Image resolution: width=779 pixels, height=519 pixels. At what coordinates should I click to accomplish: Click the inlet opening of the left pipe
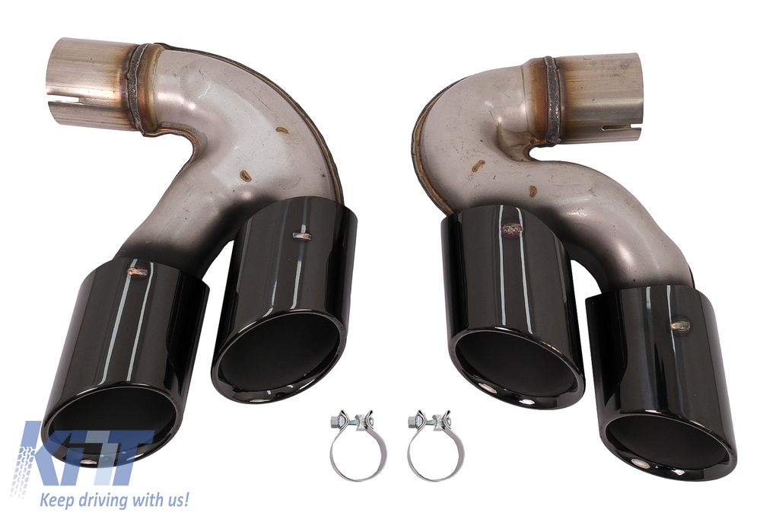tap(59, 75)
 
